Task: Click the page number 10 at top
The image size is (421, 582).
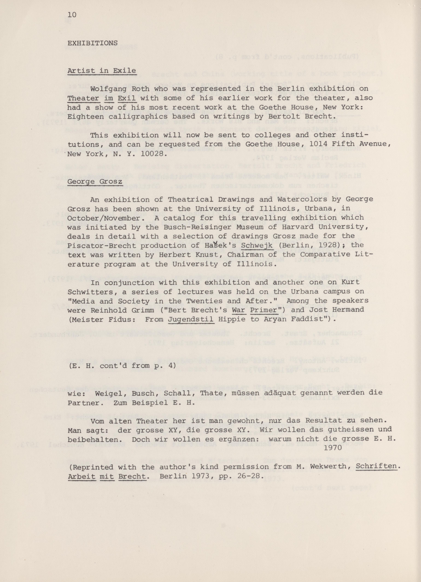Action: (72, 15)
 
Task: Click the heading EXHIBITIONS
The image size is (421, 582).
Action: (93, 43)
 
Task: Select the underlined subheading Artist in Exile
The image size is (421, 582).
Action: (102, 71)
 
